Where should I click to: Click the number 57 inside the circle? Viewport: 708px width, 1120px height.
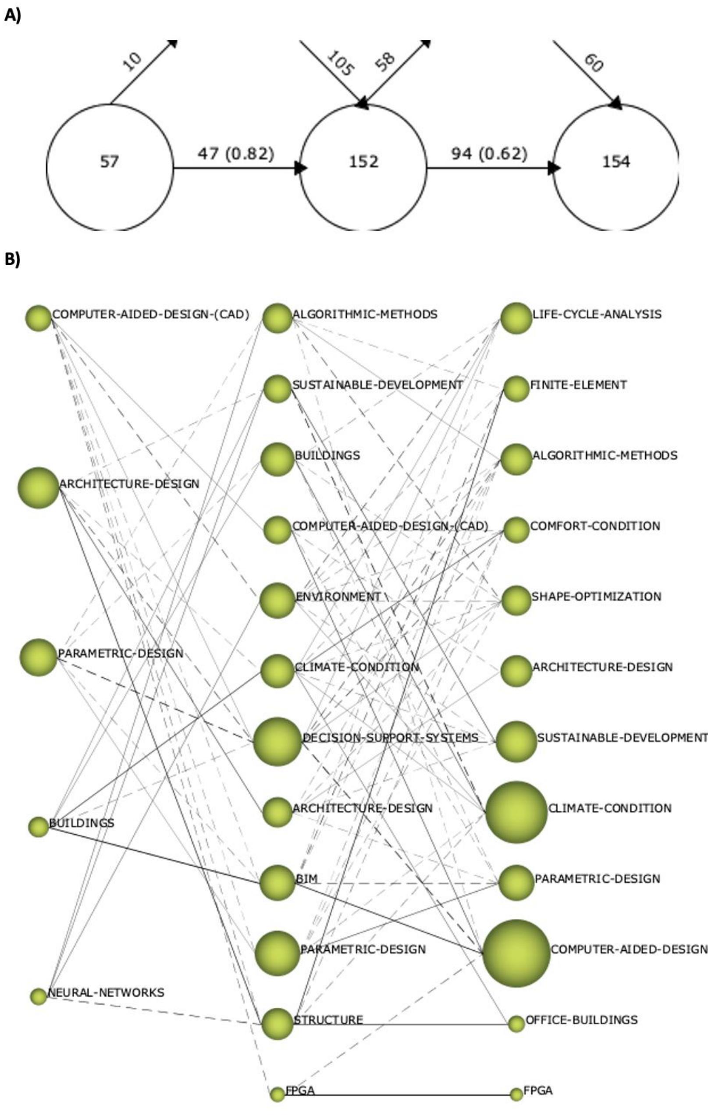point(110,162)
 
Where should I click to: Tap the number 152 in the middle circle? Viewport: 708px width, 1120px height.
point(363,162)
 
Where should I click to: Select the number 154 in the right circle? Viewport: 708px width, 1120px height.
point(616,162)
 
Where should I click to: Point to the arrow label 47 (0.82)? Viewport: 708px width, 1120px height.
point(236,153)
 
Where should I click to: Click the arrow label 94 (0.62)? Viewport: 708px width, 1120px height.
point(489,153)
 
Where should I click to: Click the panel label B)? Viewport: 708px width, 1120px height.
point(13,260)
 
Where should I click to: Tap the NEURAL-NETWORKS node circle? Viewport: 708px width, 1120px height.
point(39,996)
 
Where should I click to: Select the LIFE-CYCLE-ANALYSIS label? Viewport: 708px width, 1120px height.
point(597,314)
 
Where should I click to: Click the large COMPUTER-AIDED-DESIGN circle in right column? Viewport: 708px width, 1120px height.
point(516,953)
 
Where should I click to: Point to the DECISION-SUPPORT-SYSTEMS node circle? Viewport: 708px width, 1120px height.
point(277,741)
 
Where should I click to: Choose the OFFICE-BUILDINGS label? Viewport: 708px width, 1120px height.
point(581,1020)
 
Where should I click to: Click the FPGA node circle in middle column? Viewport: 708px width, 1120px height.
point(278,1095)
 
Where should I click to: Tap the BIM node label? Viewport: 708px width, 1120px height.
point(306,878)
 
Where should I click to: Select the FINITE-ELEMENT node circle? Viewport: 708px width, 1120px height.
point(516,389)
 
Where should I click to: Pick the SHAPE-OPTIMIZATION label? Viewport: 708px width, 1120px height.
point(596,596)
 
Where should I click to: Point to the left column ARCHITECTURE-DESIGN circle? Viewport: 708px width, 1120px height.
point(39,487)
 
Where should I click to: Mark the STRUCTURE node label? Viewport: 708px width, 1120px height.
point(328,1020)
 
